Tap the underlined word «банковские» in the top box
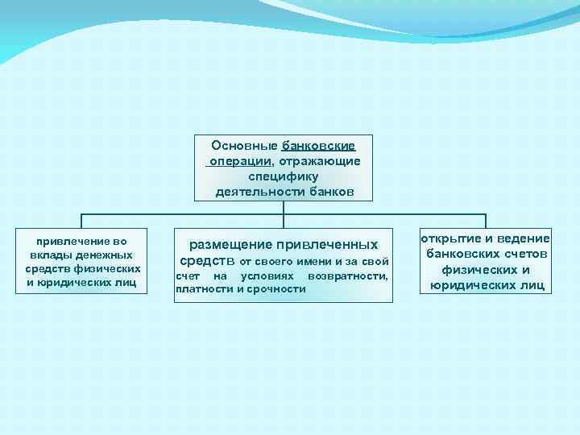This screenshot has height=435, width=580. pyautogui.click(x=318, y=146)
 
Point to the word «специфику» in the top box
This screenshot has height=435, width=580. pyautogui.click(x=284, y=176)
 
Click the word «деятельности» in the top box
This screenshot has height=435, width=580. pyautogui.click(x=251, y=192)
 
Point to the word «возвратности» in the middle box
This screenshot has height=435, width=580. pyautogui.click(x=347, y=276)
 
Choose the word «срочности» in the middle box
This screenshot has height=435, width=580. pyautogui.click(x=276, y=288)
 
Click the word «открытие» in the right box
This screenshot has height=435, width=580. pyautogui.click(x=449, y=238)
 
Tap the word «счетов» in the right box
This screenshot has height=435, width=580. pyautogui.click(x=524, y=254)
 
